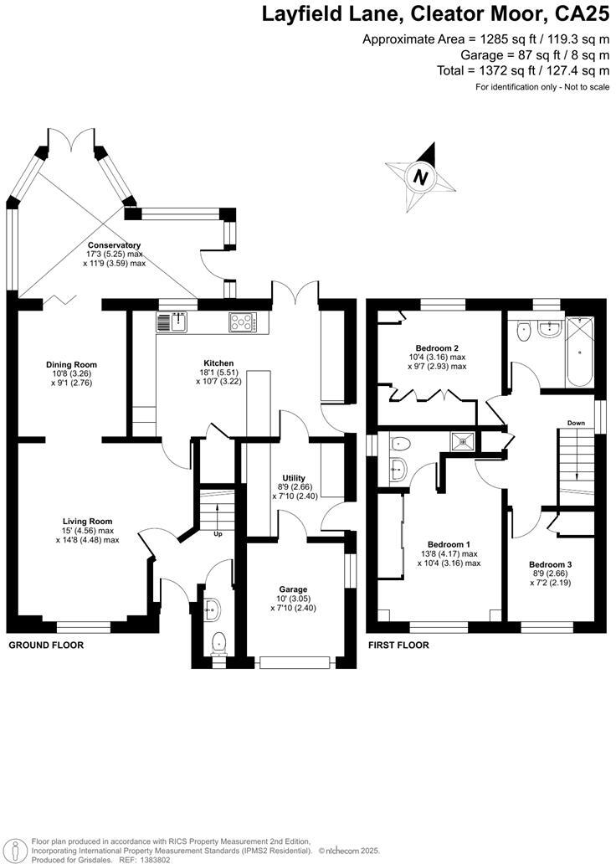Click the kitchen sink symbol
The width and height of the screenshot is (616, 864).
click(173, 321)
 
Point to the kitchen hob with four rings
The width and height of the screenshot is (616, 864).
click(244, 321)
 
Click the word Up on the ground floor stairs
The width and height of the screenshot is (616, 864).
click(218, 533)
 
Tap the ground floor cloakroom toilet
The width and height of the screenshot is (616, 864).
click(219, 642)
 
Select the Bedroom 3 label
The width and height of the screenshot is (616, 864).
click(550, 565)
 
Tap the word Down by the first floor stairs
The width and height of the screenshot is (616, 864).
click(576, 423)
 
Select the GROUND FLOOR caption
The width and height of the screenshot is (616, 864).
click(46, 645)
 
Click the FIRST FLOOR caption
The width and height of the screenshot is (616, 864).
click(398, 645)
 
